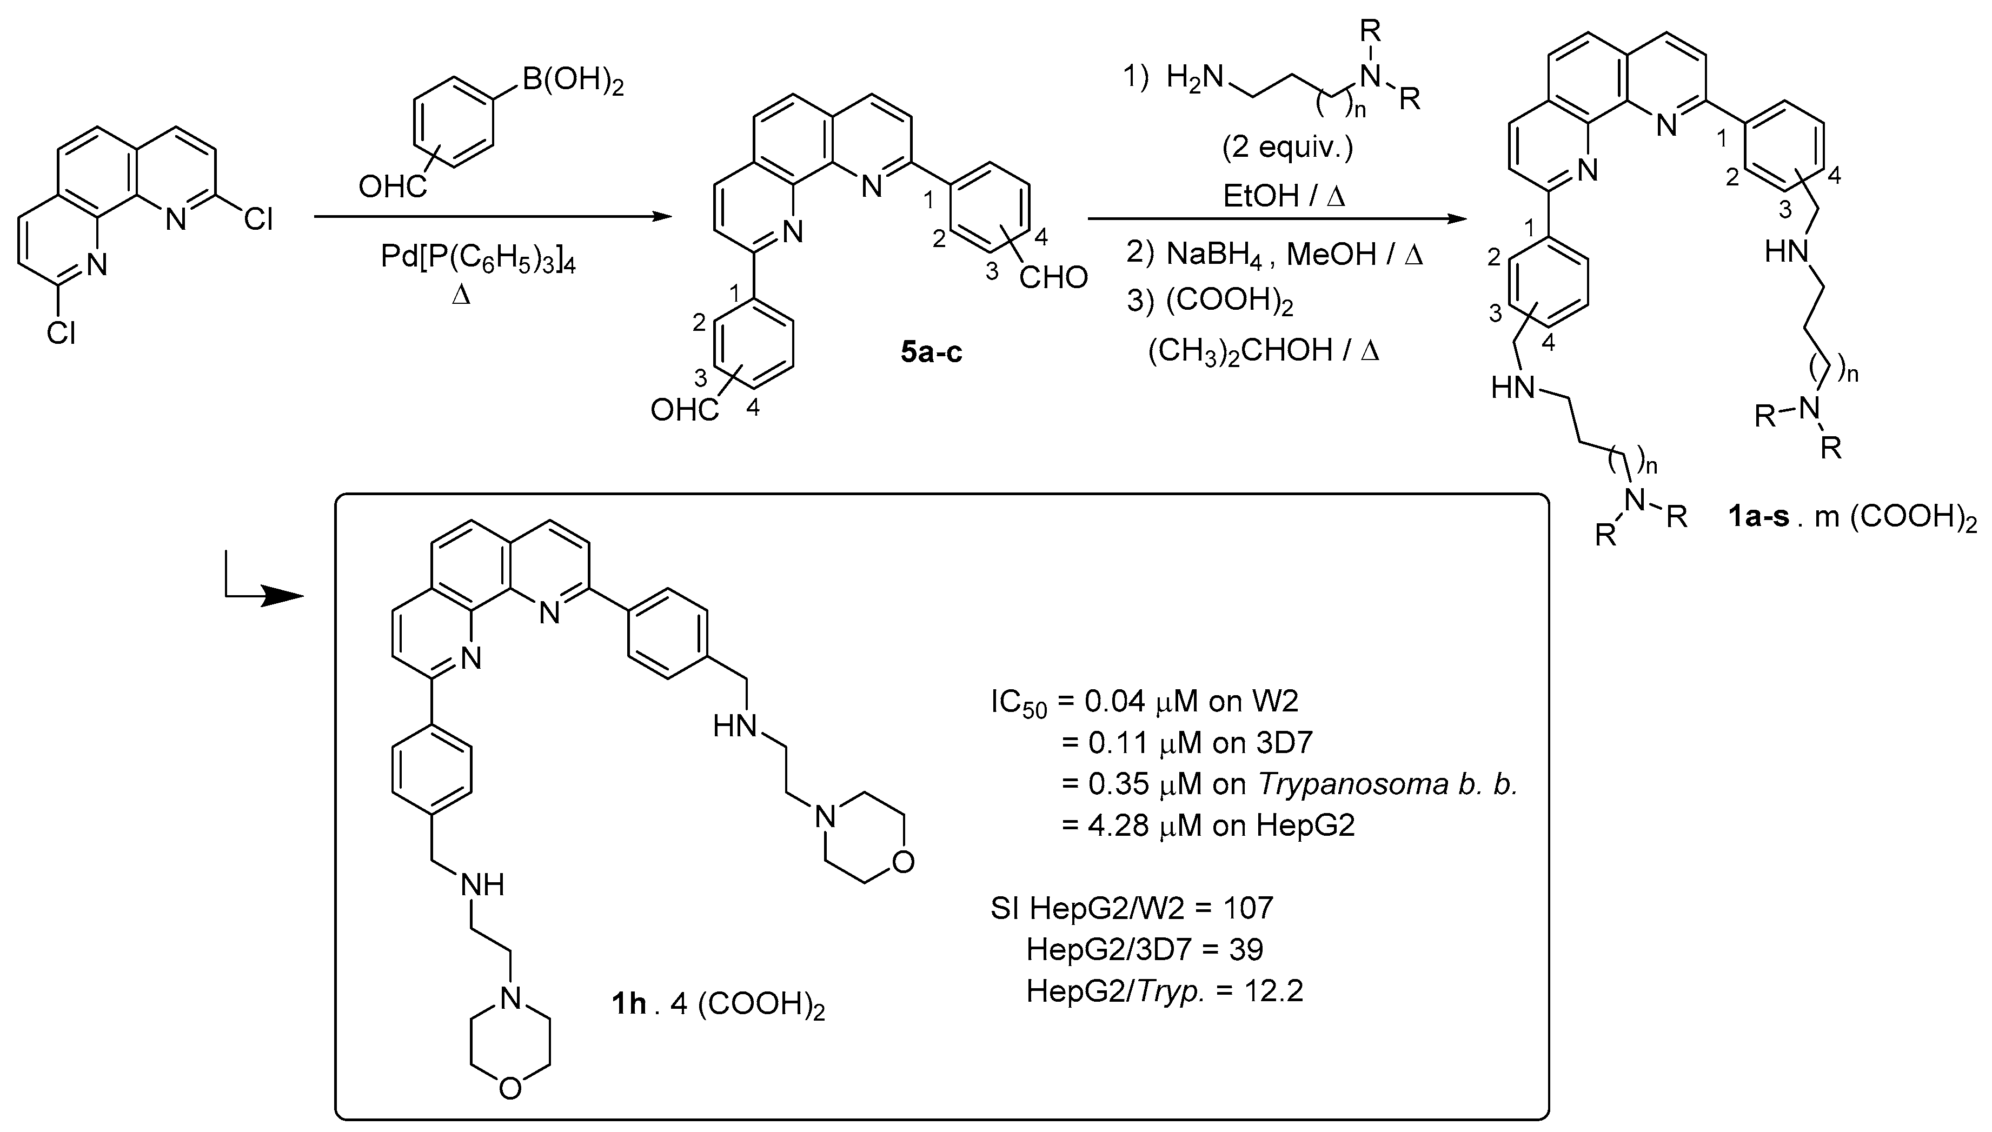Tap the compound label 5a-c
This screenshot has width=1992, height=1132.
pos(931,352)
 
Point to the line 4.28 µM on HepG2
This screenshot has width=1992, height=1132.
pos(1209,825)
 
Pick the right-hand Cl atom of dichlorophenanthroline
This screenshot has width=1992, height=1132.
pos(257,220)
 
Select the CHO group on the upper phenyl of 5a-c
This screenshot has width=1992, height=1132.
pos(1053,277)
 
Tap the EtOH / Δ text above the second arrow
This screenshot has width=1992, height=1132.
pos(1284,196)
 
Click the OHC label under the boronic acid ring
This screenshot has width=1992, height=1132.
pos(392,187)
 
